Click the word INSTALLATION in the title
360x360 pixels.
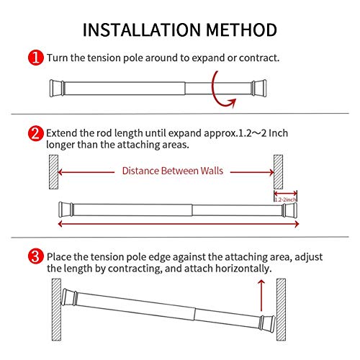click(x=136, y=30)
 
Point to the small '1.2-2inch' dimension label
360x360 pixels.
click(x=285, y=199)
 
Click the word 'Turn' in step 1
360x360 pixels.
click(x=59, y=56)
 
